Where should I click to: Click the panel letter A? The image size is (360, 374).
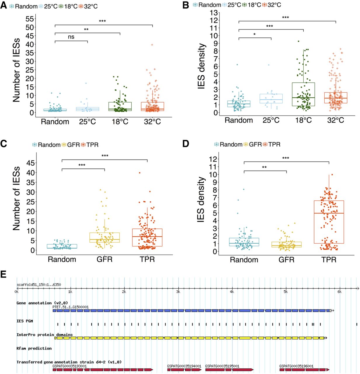pyautogui.click(x=4, y=5)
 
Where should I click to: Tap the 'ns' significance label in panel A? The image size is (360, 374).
pyautogui.click(x=71, y=37)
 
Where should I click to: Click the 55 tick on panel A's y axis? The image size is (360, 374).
pyautogui.click(x=30, y=19)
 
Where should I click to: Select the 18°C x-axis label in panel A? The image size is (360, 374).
pyautogui.click(x=120, y=122)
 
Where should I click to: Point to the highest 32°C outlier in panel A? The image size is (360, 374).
pyautogui.click(x=152, y=45)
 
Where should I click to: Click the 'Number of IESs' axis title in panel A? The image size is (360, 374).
pyautogui.click(x=16, y=70)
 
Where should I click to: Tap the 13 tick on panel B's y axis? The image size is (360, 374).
pyautogui.click(x=214, y=13)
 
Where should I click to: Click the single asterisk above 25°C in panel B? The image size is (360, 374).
pyautogui.click(x=255, y=34)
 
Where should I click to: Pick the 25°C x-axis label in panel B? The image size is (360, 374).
pyautogui.click(x=271, y=120)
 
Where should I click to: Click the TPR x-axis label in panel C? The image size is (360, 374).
pyautogui.click(x=147, y=259)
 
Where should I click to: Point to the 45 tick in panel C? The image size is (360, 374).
pyautogui.click(x=30, y=163)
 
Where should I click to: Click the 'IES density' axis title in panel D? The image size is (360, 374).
pyautogui.click(x=201, y=200)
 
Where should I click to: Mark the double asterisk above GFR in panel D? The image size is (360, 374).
pyautogui.click(x=264, y=167)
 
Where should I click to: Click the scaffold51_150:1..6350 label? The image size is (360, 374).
pyautogui.click(x=39, y=285)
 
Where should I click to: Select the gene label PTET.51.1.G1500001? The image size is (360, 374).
pyautogui.click(x=70, y=307)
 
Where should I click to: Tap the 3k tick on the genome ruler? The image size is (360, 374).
pyautogui.click(x=178, y=292)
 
